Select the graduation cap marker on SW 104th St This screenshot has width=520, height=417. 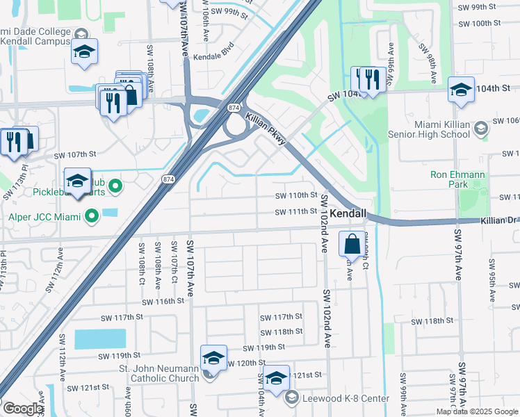462,89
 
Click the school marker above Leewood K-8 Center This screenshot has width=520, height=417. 277,378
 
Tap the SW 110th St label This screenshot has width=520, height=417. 296,196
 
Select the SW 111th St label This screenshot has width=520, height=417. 295,212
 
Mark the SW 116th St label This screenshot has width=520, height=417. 163,301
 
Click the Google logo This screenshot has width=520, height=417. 22,409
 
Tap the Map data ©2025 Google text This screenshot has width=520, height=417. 477,411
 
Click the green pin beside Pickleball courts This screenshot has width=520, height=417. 116,186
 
